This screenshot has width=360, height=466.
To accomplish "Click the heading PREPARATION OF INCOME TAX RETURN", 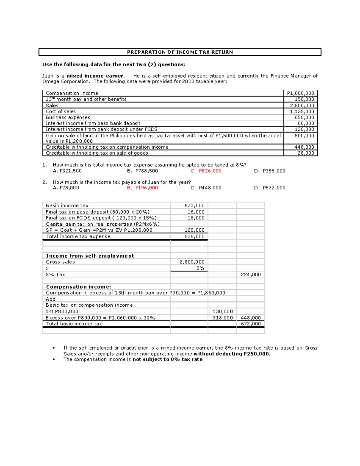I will [180, 52].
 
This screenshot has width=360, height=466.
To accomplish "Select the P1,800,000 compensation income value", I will [300, 93].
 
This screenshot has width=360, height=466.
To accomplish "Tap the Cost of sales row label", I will [61, 111].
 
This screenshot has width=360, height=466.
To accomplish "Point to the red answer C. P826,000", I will [206, 171].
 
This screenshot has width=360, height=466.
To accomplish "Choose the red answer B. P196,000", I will [142, 188].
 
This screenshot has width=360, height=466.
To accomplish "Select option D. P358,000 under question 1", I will [269, 171].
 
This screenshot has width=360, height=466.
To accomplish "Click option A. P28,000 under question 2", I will [66, 188].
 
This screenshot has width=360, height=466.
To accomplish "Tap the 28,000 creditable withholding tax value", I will [306, 153].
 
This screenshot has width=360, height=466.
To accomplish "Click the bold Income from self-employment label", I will [90, 256].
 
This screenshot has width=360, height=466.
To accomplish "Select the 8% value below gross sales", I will [200, 268].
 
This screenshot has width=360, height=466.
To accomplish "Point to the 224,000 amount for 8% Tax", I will [251, 275].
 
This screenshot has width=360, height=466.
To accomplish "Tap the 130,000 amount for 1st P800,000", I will [223, 311].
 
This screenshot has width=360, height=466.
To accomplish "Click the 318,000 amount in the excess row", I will [223, 318].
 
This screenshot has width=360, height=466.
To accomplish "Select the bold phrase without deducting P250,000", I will [232, 354].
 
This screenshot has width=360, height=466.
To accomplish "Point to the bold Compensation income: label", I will [79, 287].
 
